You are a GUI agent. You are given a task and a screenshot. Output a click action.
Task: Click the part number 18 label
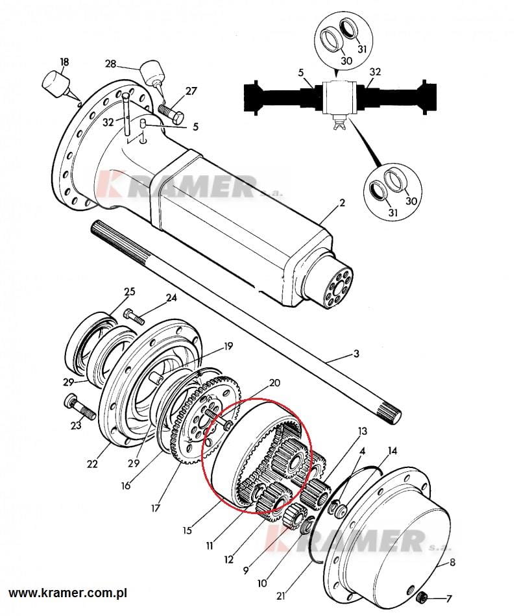point(64,62)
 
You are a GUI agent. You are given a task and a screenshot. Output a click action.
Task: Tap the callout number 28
point(110,64)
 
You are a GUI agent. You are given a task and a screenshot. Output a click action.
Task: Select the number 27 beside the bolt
point(191,92)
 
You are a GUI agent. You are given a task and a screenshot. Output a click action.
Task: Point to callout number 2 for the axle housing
point(342,203)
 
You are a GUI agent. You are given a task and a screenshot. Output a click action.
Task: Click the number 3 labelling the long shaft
point(356,354)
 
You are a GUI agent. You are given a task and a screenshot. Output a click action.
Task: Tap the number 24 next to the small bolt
point(171,299)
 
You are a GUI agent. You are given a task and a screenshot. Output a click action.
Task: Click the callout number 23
point(75,426)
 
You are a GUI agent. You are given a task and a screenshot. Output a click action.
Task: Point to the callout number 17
point(155,508)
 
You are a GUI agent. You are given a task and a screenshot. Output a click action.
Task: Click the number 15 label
point(187,530)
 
